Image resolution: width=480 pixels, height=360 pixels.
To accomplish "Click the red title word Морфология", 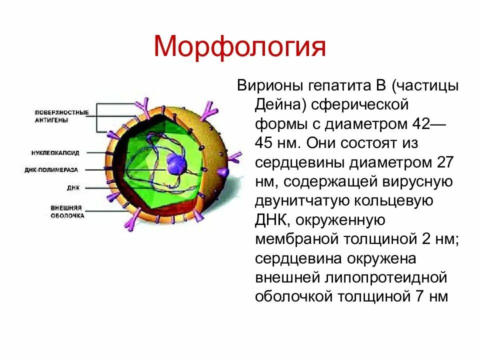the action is point(240,47).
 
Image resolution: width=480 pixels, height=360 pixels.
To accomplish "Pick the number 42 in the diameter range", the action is point(423,124).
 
